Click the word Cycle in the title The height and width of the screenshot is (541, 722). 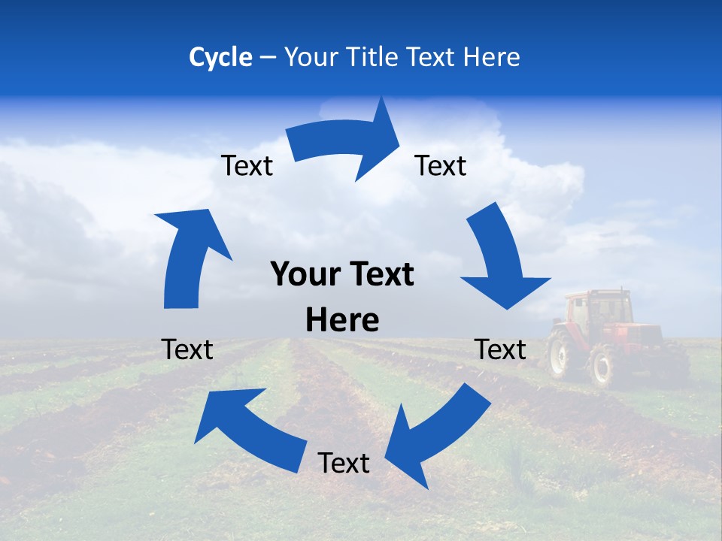(220, 57)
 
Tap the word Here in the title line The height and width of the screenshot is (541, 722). (492, 57)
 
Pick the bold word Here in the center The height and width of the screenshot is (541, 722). (342, 321)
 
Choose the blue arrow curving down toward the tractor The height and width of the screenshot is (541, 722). (500, 259)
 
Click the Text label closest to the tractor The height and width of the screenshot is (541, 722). (501, 349)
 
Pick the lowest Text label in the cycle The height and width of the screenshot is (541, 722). (344, 464)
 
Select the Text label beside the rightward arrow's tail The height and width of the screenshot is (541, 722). (247, 166)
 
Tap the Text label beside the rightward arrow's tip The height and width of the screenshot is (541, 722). (441, 166)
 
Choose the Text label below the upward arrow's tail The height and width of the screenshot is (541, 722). (187, 349)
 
